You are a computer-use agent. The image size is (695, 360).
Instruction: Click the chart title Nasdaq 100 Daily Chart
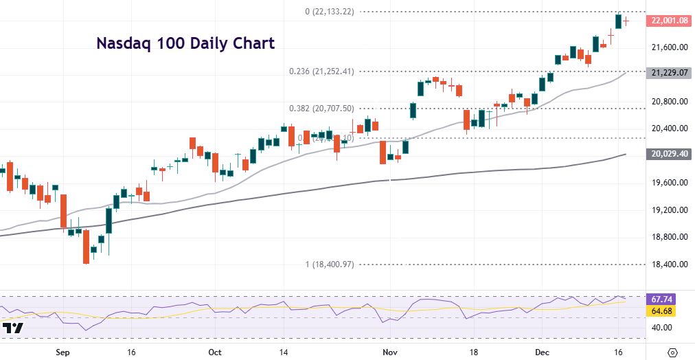(x=185, y=43)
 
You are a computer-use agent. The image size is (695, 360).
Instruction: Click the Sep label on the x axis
(x=62, y=351)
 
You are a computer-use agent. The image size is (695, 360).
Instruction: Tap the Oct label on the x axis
(x=214, y=351)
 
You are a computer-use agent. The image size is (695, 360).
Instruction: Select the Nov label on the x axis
(x=389, y=351)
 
